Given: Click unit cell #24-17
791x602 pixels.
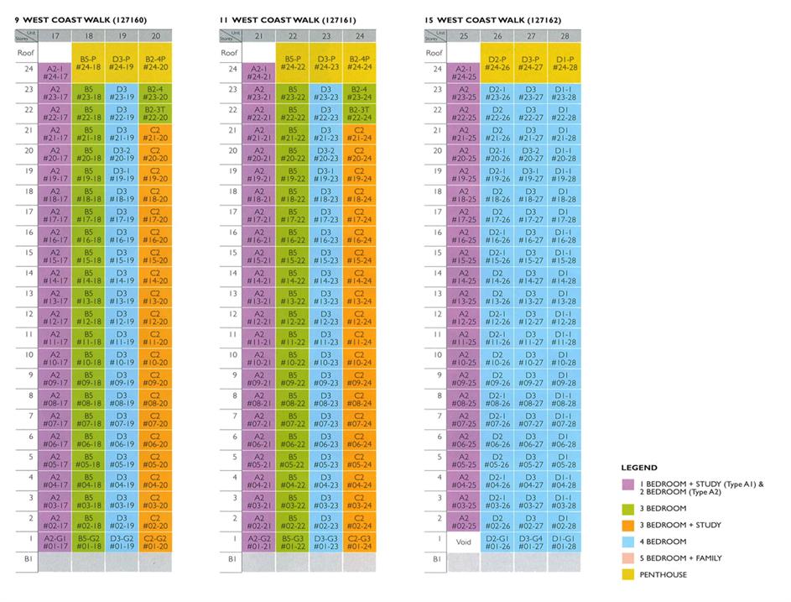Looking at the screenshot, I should [55, 73].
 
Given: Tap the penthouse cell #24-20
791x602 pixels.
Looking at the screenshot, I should [155, 62].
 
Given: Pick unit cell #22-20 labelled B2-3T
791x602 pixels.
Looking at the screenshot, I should [155, 113].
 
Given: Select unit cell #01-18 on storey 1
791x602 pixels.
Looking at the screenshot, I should [88, 542].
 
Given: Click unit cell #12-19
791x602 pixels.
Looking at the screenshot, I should [122, 317].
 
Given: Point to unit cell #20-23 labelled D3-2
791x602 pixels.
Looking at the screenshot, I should [325, 154].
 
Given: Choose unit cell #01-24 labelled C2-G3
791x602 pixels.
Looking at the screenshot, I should [359, 542].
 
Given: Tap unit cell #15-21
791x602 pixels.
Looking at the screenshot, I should [259, 256].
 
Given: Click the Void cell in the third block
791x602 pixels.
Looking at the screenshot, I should [464, 542].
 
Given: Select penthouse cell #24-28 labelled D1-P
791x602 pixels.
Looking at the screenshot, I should [565, 62].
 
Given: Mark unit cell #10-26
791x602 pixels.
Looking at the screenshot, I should [497, 359].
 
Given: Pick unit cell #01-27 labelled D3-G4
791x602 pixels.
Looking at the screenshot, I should [531, 542].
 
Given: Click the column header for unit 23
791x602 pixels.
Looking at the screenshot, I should [325, 35].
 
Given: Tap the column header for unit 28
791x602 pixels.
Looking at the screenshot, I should [565, 35].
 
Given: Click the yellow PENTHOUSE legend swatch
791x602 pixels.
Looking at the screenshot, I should [627, 574].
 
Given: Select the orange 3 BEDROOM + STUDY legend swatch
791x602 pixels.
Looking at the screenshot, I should [627, 525].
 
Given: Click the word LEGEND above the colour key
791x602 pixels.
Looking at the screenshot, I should [638, 468].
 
